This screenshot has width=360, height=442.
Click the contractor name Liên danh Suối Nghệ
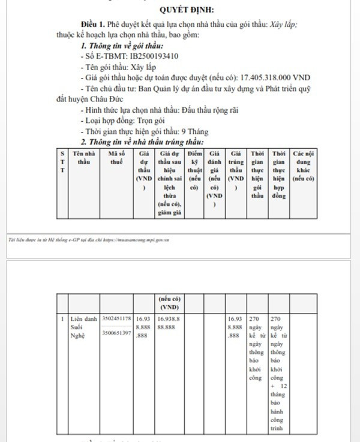tap(82, 327)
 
